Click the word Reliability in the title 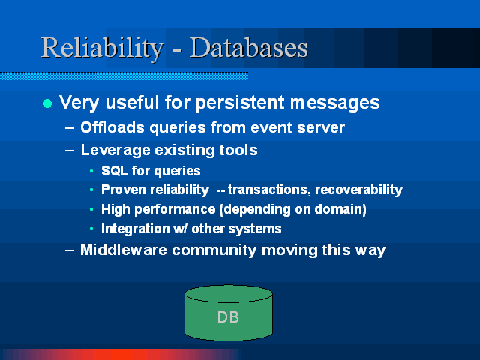102,48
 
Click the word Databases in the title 248,47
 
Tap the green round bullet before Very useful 47,103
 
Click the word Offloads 112,127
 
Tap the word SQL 115,171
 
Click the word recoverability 358,190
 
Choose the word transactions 269,190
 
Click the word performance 175,210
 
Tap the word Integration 136,229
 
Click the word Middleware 124,250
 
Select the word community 214,250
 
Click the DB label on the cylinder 228,317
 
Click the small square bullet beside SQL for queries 91,171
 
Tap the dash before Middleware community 70,250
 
